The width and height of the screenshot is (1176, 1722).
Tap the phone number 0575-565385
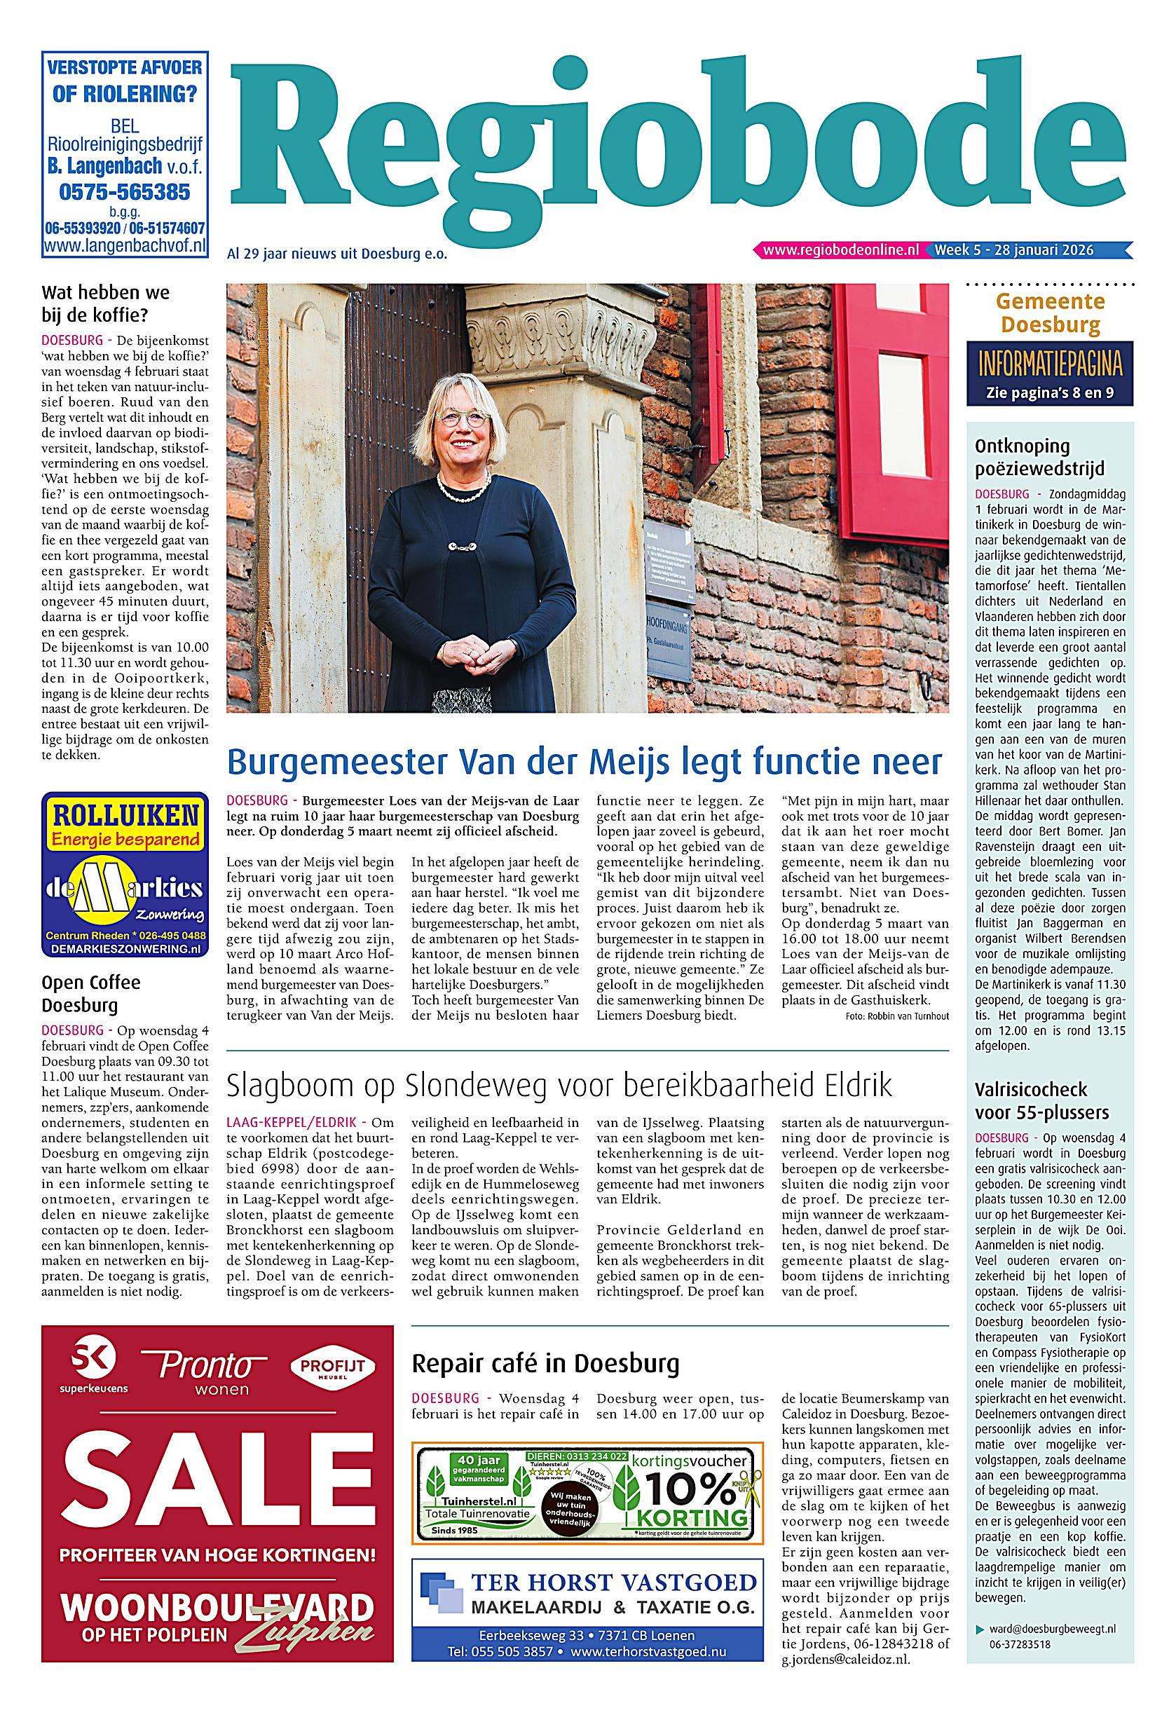click(x=125, y=193)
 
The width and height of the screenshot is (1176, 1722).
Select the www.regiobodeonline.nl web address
click(x=840, y=250)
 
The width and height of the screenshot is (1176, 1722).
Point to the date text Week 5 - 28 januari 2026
click(x=1014, y=250)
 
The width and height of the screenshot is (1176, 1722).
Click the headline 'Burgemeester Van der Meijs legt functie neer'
click(x=584, y=761)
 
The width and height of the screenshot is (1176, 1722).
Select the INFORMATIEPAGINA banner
click(x=1049, y=365)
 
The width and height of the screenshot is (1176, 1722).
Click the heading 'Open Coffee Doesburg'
click(x=90, y=994)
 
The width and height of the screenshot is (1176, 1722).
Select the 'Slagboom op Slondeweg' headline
click(x=559, y=1085)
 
